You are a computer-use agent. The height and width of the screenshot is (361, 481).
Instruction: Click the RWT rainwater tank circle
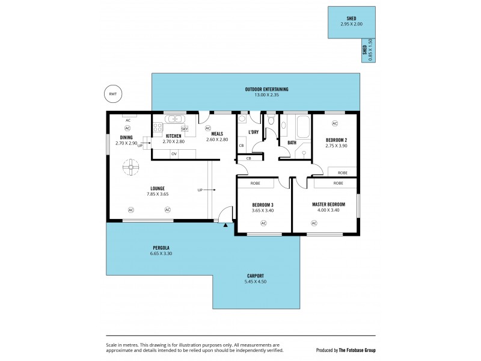(x=112, y=94)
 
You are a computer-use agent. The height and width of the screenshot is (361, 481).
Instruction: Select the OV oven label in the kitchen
(x=174, y=154)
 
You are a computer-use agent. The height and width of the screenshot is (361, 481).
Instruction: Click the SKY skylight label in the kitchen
(x=185, y=129)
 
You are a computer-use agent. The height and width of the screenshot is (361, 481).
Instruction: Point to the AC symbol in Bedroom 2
(x=335, y=123)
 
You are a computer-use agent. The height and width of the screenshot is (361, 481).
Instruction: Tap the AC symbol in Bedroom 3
(x=263, y=223)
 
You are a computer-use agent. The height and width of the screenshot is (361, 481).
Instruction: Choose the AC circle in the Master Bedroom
(x=314, y=223)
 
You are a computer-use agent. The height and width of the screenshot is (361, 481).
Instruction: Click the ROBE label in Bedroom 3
(x=256, y=183)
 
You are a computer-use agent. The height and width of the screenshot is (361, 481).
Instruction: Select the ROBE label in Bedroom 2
(x=342, y=172)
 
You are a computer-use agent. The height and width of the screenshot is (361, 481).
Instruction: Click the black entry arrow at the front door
(x=225, y=225)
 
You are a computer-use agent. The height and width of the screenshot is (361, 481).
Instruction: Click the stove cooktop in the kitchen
(x=158, y=128)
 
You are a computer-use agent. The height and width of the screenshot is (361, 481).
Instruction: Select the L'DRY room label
(x=253, y=132)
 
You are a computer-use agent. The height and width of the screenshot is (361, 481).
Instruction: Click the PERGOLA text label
(x=160, y=248)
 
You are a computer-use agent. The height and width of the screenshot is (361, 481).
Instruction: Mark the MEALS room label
(x=217, y=134)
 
